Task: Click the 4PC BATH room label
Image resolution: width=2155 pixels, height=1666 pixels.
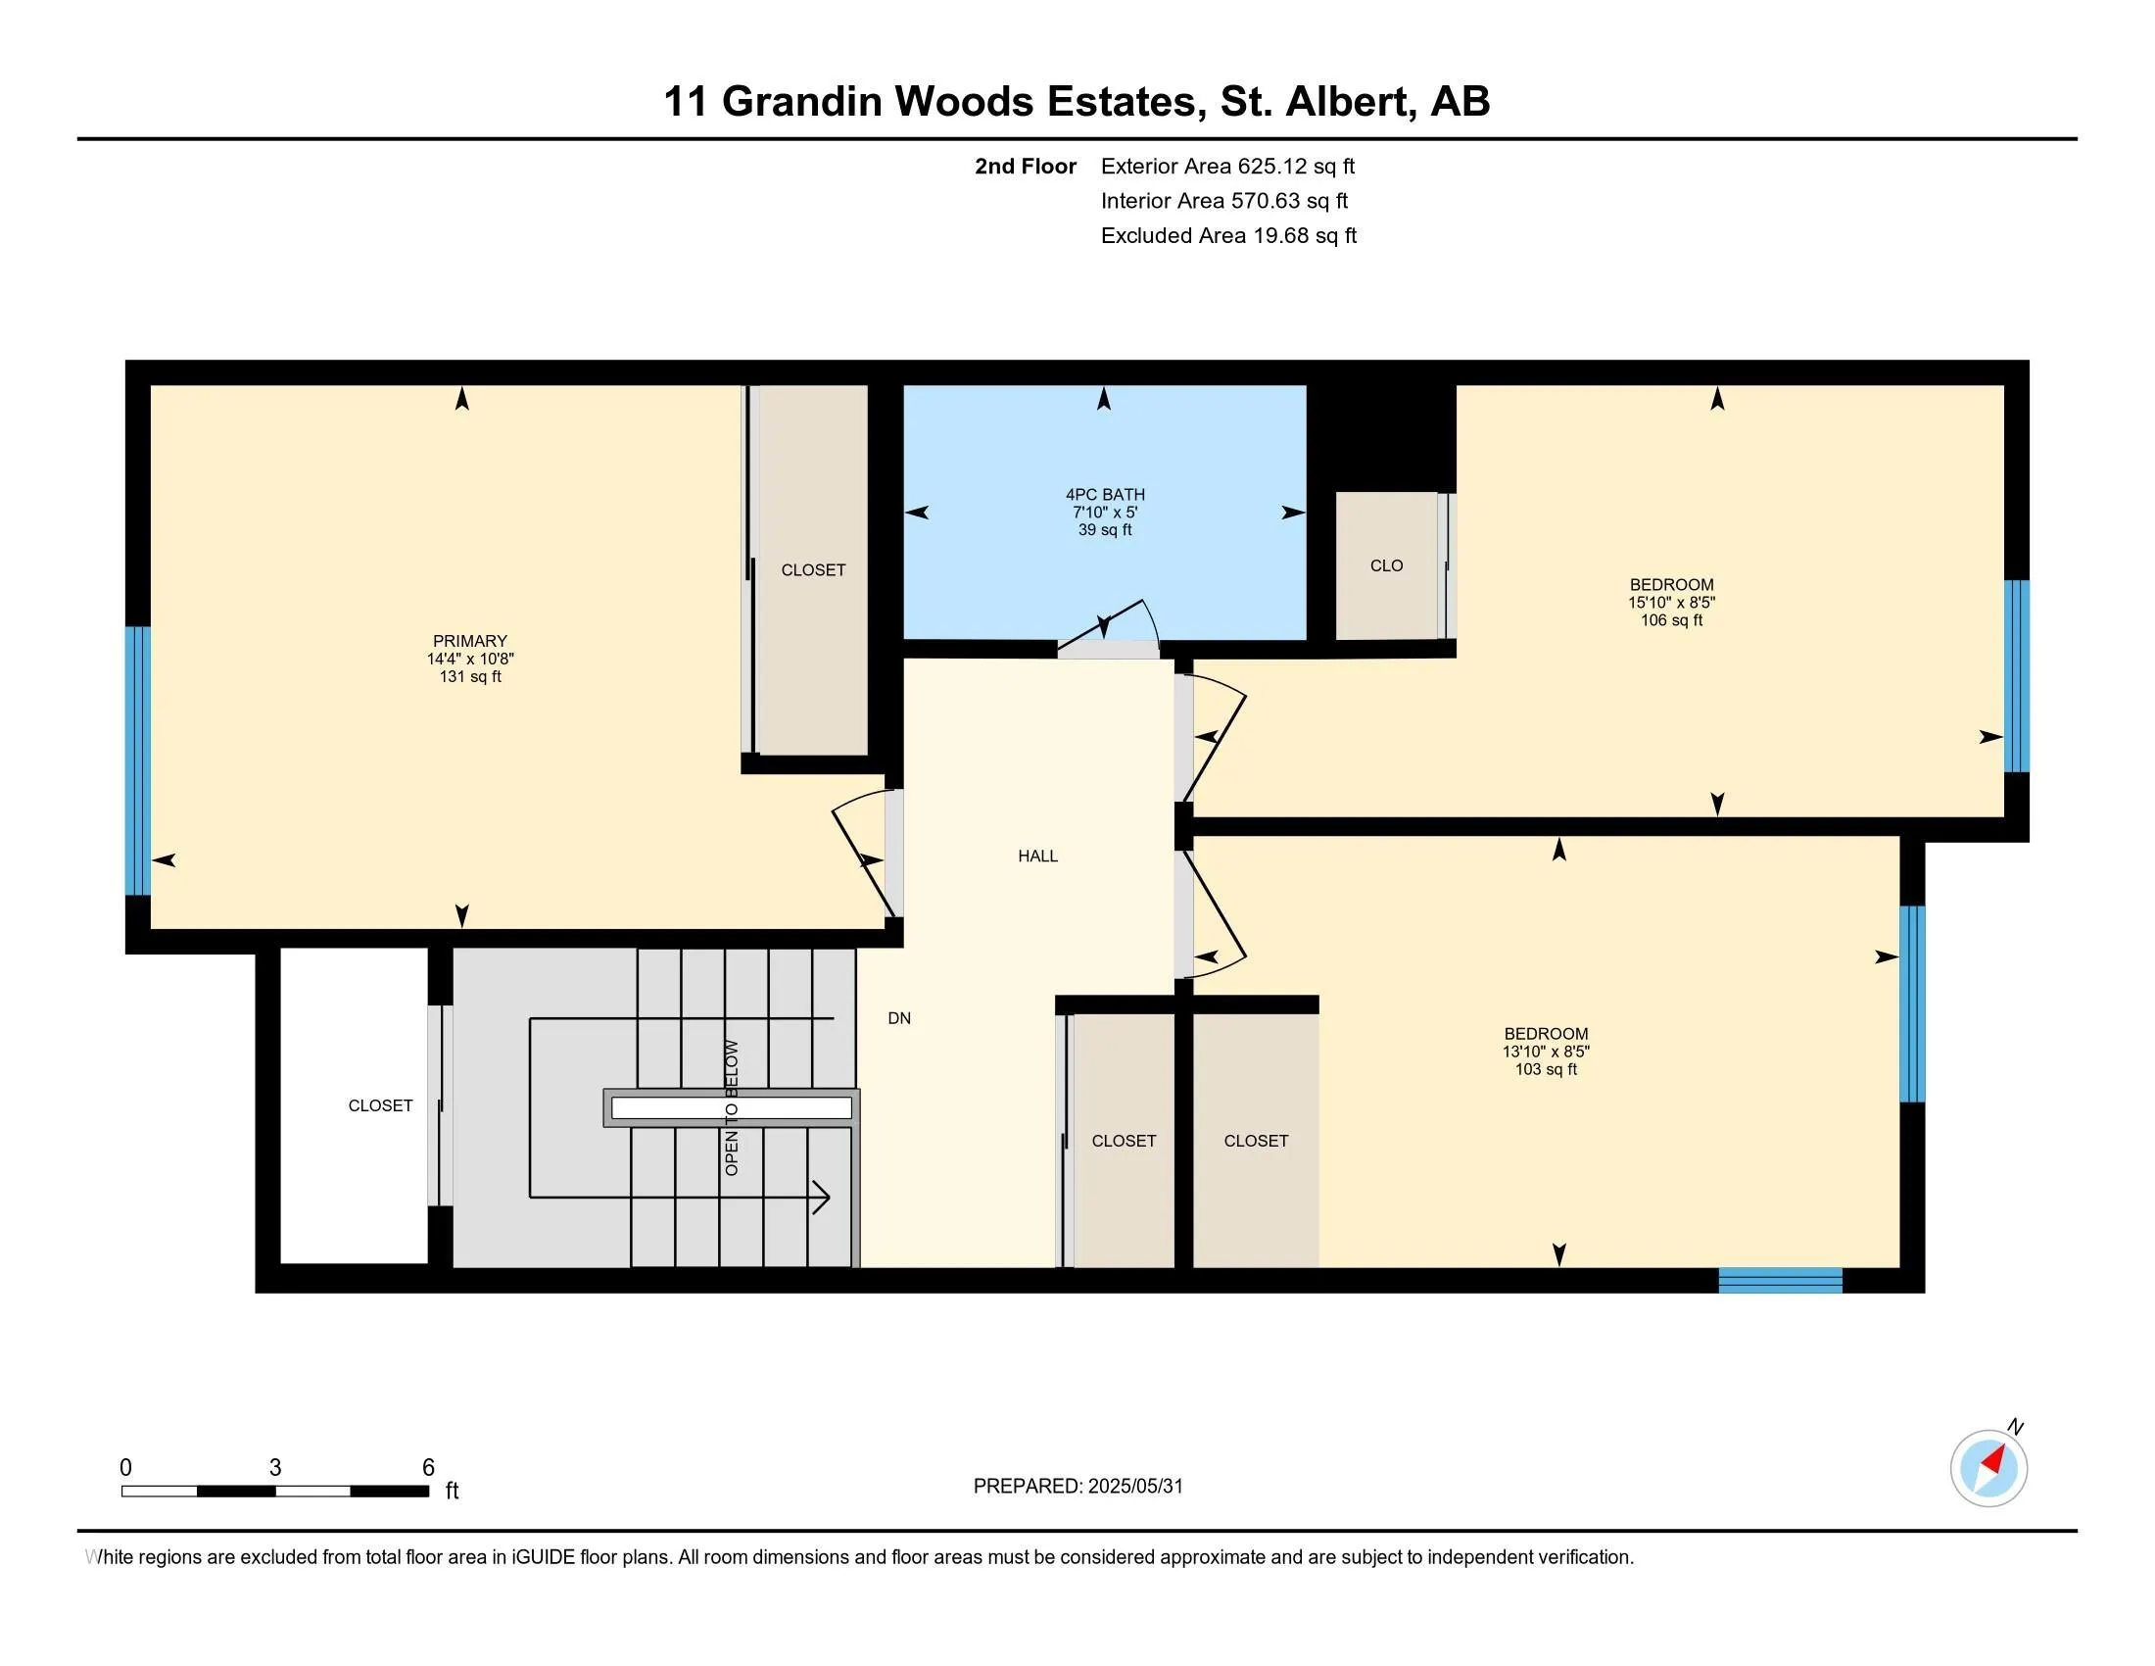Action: click(1105, 495)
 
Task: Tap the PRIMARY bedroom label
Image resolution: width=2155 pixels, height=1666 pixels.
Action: click(469, 641)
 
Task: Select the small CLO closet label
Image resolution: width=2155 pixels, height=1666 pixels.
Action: click(1386, 565)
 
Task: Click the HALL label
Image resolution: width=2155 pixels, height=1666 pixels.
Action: click(1038, 856)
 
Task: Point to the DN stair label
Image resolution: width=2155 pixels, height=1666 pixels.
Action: click(899, 1018)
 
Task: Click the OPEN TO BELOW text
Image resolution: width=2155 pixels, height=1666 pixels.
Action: click(731, 1107)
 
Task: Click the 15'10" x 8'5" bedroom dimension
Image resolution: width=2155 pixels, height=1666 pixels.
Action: click(1671, 602)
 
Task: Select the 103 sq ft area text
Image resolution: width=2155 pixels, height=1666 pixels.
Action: click(1546, 1069)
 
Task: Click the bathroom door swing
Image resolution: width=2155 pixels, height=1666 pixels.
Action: click(1110, 627)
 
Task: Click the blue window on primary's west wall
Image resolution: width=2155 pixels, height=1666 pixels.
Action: click(138, 759)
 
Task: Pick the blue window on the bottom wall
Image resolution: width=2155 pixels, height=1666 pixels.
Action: click(1780, 1280)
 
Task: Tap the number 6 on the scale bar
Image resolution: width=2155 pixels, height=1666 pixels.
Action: click(428, 1468)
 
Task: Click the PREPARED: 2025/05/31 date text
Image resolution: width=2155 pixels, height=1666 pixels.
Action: click(1077, 1487)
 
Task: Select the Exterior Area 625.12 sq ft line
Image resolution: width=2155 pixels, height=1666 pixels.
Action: click(1227, 166)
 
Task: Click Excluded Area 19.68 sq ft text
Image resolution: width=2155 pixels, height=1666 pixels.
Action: click(1228, 235)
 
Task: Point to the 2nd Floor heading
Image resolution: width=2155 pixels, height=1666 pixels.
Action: click(1026, 166)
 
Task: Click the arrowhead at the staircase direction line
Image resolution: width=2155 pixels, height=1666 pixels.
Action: click(821, 1198)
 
